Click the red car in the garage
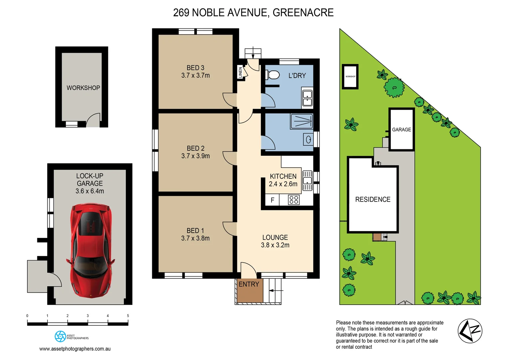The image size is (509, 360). click(90, 250)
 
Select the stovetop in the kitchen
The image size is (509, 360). click(293, 200)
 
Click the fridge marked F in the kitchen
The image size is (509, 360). click(272, 200)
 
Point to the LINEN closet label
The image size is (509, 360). click(240, 72)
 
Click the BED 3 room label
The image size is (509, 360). click(195, 68)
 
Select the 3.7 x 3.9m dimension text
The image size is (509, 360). click(195, 156)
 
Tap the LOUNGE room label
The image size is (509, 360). click(275, 237)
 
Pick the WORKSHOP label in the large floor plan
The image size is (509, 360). click(83, 88)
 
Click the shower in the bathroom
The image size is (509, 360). click(301, 121)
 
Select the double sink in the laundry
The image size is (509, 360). click(307, 98)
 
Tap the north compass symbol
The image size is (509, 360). click(470, 331)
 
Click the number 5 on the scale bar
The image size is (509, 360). click(128, 316)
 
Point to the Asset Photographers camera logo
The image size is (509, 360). click(60, 336)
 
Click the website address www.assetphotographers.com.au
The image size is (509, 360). click(75, 349)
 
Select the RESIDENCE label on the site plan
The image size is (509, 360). click(372, 199)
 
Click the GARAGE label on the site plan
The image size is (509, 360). click(401, 130)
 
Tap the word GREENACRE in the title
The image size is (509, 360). click(303, 12)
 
